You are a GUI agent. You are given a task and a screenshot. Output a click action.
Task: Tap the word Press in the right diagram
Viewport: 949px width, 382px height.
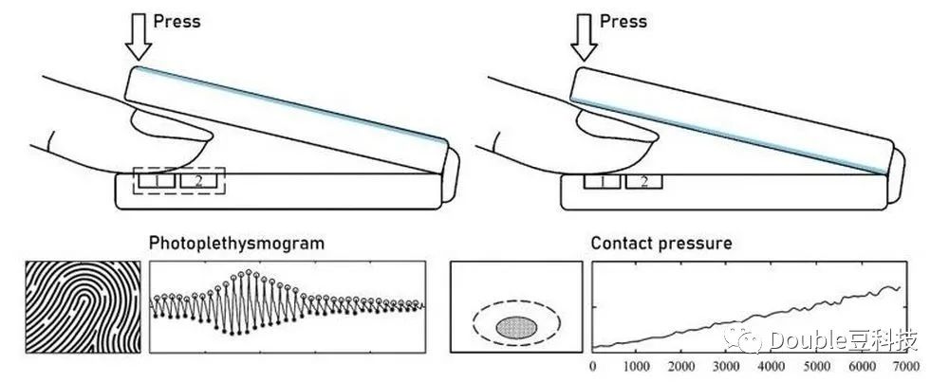pyautogui.click(x=623, y=21)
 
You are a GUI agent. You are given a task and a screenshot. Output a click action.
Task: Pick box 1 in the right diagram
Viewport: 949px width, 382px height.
pyautogui.click(x=602, y=180)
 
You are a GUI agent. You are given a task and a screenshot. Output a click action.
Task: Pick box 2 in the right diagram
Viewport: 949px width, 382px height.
pyautogui.click(x=644, y=180)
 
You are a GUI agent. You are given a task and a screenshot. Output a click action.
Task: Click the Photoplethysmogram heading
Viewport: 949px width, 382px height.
pyautogui.click(x=236, y=244)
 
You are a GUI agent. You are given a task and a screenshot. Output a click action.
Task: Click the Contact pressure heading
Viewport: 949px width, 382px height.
pyautogui.click(x=661, y=244)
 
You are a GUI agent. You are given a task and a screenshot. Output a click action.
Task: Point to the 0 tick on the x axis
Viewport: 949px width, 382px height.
pyautogui.click(x=592, y=365)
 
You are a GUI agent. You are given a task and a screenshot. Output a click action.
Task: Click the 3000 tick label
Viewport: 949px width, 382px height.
pyautogui.click(x=724, y=365)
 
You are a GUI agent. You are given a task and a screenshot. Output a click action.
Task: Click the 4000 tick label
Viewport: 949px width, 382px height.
pyautogui.click(x=769, y=365)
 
